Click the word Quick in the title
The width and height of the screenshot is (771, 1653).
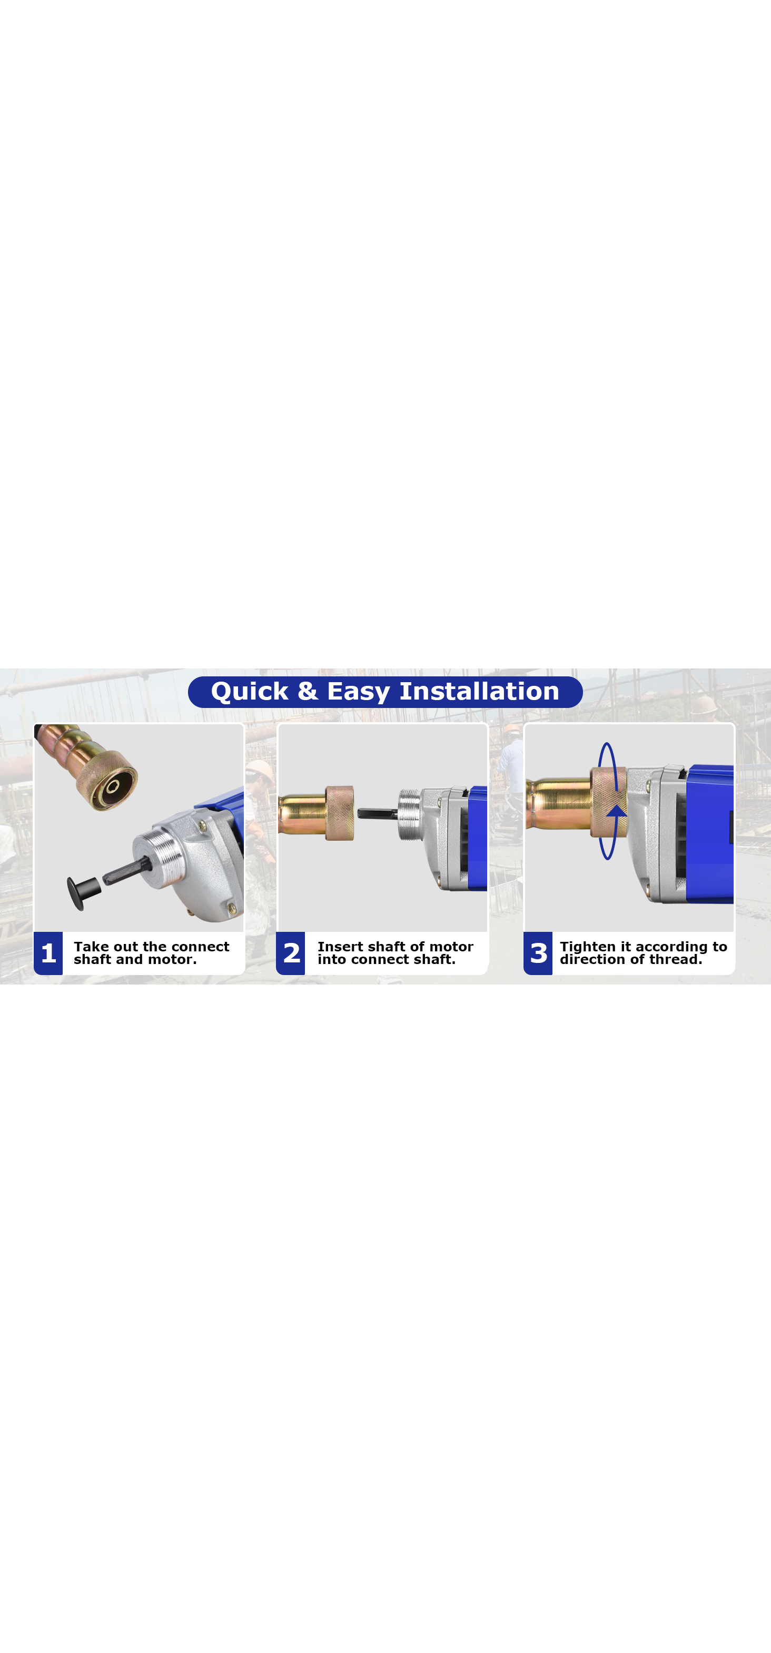pos(250,692)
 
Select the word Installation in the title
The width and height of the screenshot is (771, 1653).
pos(479,691)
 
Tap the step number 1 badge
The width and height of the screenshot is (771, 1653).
pos(48,953)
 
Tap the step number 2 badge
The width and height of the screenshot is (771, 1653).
pos(291,953)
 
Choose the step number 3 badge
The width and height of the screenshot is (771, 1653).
pos(538,953)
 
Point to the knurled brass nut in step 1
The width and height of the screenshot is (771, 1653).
pos(107,780)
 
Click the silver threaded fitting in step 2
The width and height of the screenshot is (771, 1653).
pos(410,814)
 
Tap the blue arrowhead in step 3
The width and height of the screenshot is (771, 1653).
pos(616,811)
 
